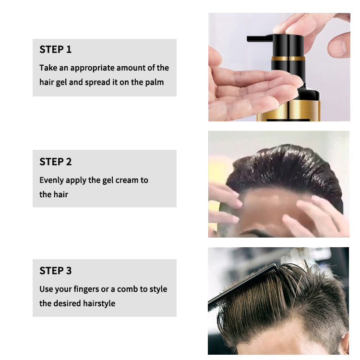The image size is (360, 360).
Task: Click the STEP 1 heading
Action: (55, 49)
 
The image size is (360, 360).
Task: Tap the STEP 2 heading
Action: (55, 162)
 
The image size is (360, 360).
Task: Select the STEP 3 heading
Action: (55, 271)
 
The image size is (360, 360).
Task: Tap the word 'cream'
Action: (127, 180)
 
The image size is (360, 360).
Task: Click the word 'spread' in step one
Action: (97, 82)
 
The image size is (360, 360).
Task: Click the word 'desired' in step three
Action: (67, 303)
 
